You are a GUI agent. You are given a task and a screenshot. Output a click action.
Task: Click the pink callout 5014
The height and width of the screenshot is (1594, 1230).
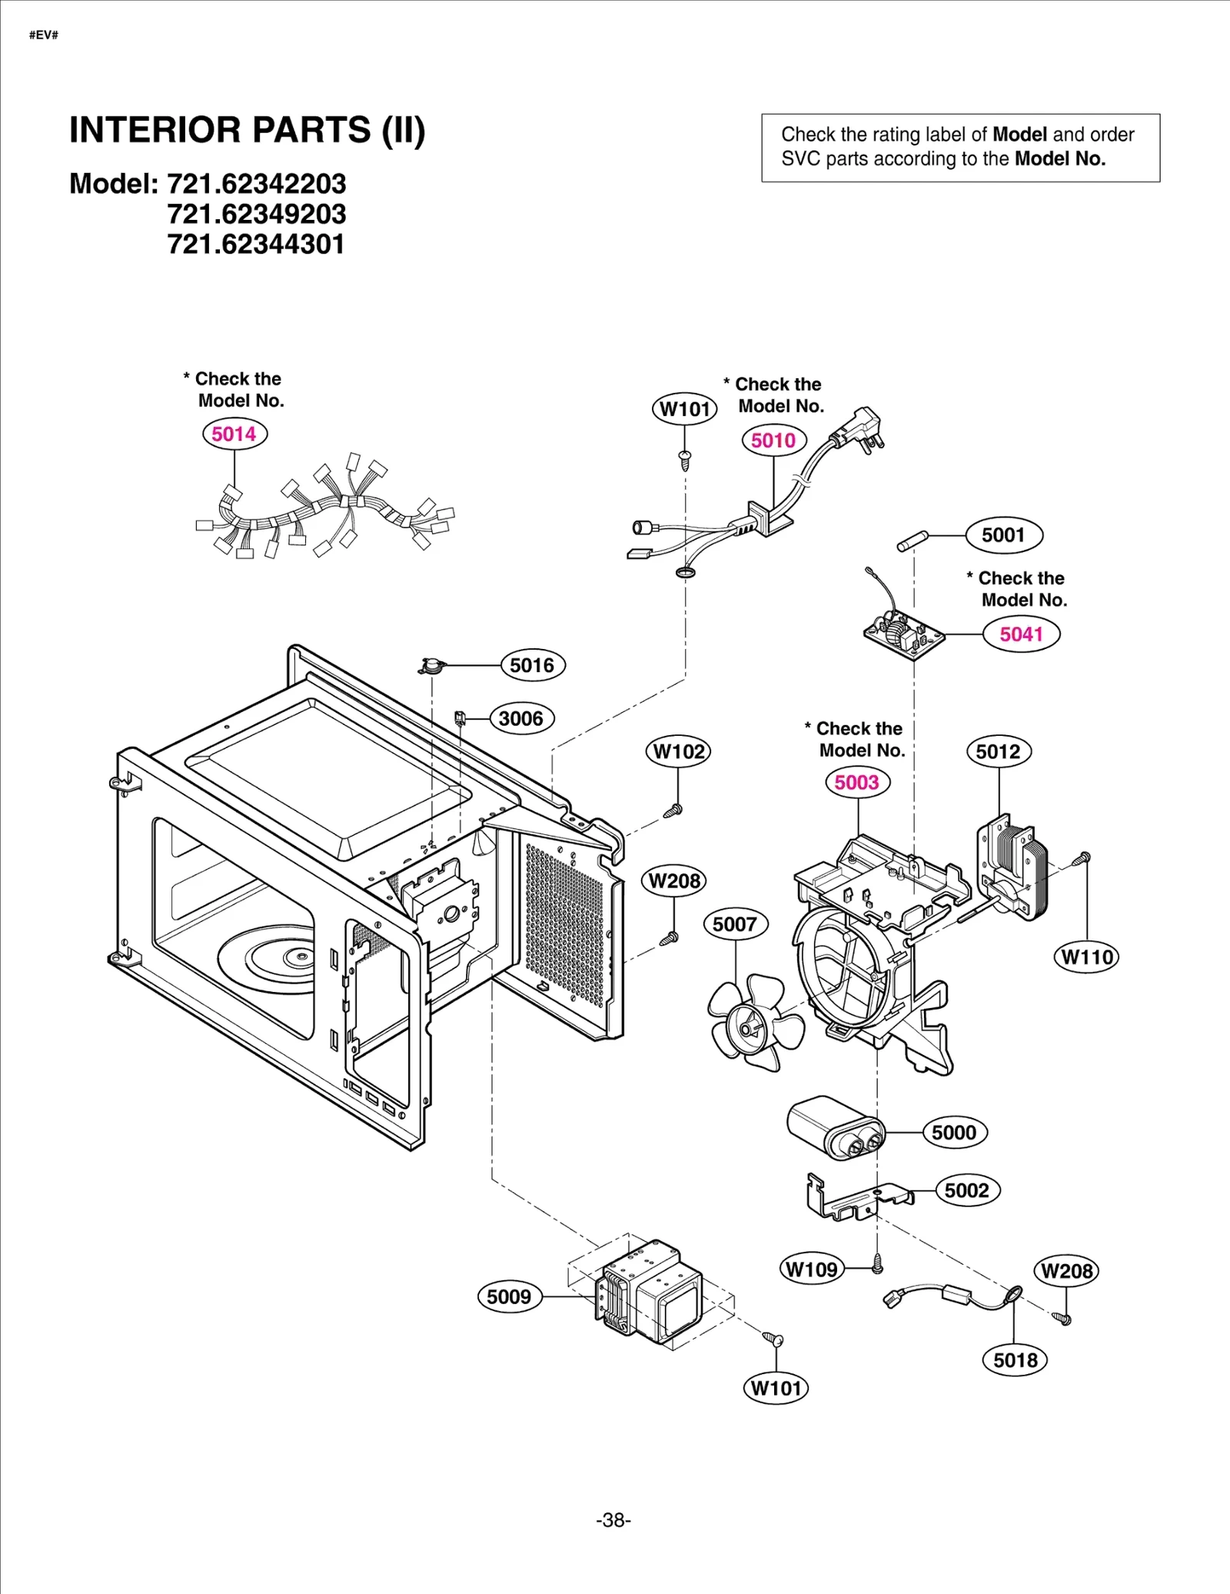(234, 434)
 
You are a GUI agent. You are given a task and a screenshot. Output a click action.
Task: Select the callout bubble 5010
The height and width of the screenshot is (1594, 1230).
(773, 441)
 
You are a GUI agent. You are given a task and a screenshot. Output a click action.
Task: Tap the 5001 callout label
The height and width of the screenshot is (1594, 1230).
(1003, 535)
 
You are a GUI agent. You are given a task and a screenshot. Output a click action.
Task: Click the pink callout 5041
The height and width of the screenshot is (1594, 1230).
(1021, 634)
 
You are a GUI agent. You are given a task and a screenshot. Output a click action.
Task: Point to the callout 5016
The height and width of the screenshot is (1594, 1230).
(532, 665)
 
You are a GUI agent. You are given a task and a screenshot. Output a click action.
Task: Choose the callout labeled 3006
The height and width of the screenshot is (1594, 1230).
(521, 719)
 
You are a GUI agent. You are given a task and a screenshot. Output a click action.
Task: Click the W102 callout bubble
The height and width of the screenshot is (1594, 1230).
(678, 751)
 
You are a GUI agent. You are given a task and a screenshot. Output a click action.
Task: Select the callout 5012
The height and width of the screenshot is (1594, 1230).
(998, 751)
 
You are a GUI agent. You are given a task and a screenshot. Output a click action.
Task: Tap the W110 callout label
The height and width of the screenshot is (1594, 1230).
(1086, 957)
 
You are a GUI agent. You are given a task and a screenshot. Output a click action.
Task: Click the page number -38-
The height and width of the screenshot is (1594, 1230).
(613, 1520)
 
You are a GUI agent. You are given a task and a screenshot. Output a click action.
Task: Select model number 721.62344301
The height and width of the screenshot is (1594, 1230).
(256, 245)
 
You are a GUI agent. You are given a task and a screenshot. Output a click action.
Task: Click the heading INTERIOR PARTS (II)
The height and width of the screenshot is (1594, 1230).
(247, 130)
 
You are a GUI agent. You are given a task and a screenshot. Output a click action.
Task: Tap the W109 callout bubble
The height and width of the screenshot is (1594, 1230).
(813, 1269)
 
